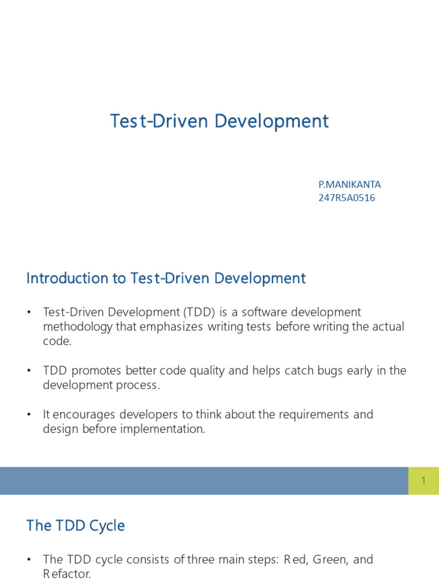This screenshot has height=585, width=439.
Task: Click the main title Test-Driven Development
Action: click(219, 121)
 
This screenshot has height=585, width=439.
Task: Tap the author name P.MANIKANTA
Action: click(349, 185)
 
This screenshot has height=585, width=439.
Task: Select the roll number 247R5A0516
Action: click(347, 198)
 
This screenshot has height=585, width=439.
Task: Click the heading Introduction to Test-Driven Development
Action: click(166, 278)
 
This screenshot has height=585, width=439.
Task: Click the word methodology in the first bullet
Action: click(78, 327)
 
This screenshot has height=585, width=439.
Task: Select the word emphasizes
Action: click(171, 327)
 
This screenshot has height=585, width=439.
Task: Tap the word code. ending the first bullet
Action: click(57, 341)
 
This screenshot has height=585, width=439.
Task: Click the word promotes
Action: click(96, 371)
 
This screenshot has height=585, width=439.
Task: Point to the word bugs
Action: click(330, 371)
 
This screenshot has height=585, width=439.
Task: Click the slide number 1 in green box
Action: click(424, 480)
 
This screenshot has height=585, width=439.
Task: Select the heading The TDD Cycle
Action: click(76, 526)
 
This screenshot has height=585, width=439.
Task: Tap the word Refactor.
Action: click(67, 574)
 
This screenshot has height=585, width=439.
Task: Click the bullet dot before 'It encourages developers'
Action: click(29, 415)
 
